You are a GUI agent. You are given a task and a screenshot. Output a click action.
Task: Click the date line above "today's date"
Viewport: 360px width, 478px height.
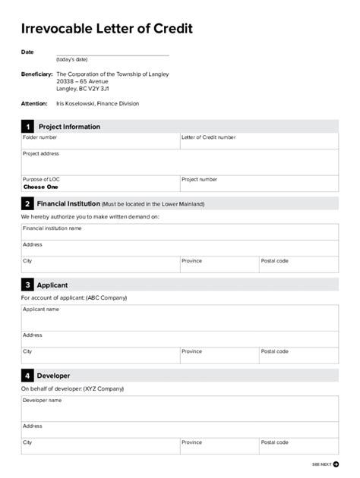tap(112, 54)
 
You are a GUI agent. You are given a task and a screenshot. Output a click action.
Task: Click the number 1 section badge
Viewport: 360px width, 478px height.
tap(27, 127)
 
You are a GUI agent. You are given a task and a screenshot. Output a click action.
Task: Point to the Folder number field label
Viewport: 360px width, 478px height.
tap(39, 137)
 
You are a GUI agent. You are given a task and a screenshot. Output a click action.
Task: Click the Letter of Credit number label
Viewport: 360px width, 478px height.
tap(208, 137)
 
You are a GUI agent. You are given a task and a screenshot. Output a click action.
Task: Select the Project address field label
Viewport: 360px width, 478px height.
tap(41, 153)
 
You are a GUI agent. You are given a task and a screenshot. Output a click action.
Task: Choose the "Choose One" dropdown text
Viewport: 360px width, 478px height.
tap(40, 187)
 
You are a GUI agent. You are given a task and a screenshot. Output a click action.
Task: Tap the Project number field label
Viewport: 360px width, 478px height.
tap(199, 180)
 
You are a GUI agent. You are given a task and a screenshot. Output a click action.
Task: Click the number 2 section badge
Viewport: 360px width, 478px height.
tap(27, 204)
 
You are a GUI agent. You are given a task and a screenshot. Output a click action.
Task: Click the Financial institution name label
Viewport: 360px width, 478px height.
tap(52, 228)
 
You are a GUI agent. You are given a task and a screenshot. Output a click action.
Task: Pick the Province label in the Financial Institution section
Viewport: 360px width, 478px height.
tap(191, 261)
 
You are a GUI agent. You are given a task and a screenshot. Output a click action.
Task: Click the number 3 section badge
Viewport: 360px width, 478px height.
tap(27, 285)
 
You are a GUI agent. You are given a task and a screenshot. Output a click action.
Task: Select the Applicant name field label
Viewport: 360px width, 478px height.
tap(41, 310)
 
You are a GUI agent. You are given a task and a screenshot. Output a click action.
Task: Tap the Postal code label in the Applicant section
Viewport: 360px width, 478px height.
tap(274, 351)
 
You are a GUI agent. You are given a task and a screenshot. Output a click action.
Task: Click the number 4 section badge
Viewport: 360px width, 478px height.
tap(27, 376)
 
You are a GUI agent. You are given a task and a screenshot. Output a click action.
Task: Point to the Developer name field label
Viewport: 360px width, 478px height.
tap(43, 400)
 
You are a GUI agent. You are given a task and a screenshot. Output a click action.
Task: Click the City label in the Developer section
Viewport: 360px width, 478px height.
tap(27, 442)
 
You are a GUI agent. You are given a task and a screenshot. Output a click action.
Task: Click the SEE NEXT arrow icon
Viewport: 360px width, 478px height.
tap(336, 464)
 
